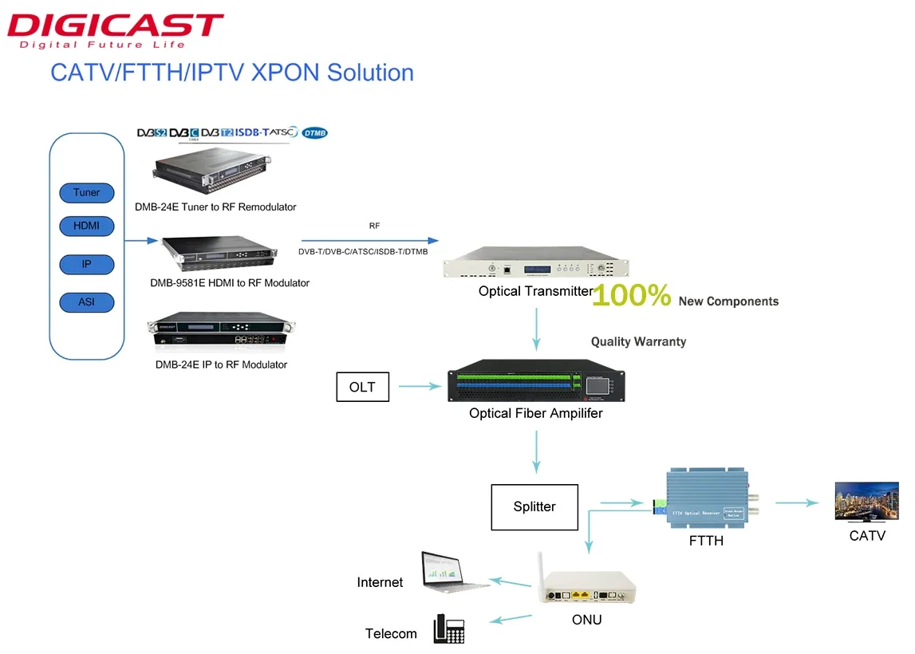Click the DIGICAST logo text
[x=114, y=26]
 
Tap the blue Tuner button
[x=87, y=192]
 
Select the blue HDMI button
[x=87, y=226]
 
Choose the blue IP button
[x=87, y=264]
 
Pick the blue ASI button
[x=87, y=302]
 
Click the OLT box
[x=362, y=388]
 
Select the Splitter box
[x=534, y=506]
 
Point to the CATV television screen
[x=866, y=501]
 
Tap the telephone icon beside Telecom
[x=448, y=628]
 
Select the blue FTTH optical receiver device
[x=705, y=499]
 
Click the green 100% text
[x=632, y=296]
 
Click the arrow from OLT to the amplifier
[x=420, y=388]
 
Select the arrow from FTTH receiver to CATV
[x=797, y=502]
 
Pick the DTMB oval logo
[x=315, y=133]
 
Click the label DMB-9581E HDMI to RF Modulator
[x=230, y=283]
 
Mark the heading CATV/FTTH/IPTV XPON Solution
[x=232, y=73]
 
